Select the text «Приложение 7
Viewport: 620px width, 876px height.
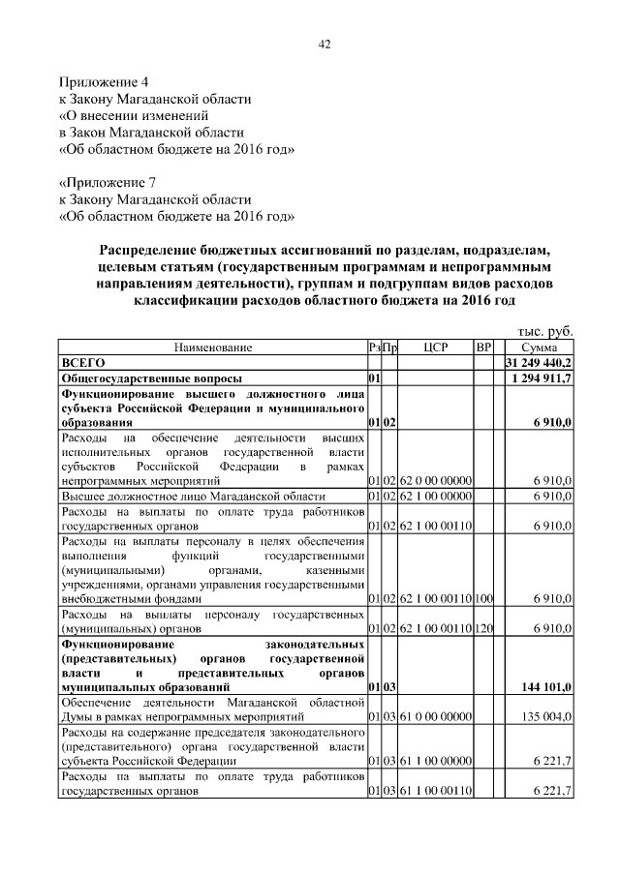(108, 181)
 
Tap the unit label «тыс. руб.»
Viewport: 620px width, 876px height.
(546, 331)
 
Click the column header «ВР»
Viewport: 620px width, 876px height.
(484, 347)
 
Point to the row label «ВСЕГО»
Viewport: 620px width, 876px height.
(83, 362)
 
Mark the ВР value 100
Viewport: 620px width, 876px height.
(484, 599)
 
